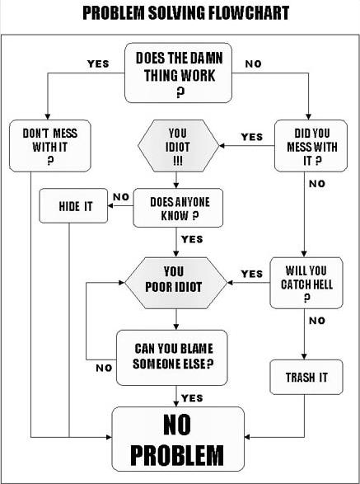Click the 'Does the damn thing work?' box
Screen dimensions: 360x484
tap(178, 73)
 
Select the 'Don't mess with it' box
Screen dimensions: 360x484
tap(50, 146)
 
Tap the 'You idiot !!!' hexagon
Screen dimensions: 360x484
tap(178, 146)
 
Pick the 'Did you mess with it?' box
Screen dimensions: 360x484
tap(311, 146)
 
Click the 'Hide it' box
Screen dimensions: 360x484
tap(73, 205)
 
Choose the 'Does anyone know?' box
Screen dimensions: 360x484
tap(178, 208)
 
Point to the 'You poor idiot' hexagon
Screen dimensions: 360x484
tap(175, 283)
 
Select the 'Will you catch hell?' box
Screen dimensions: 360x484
tap(306, 283)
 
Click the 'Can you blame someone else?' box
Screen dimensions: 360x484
tap(172, 358)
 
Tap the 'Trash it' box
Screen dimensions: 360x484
tap(306, 377)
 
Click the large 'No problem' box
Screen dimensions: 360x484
tap(178, 439)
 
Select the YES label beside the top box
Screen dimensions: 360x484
tap(98, 63)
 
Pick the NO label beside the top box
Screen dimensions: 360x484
tap(253, 63)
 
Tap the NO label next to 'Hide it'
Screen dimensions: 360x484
tap(121, 196)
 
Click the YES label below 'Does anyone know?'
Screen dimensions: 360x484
tap(192, 239)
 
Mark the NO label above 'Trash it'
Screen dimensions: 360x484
tap(317, 321)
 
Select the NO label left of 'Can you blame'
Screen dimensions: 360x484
tap(104, 368)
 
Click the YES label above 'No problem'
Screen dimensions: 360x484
tap(192, 398)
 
